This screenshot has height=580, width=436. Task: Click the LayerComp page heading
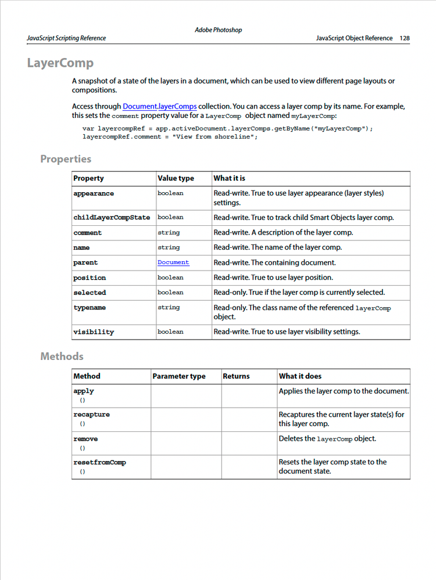[60, 63]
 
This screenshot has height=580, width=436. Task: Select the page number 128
[405, 38]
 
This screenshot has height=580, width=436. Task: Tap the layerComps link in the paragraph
[177, 107]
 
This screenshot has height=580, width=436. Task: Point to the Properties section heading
[66, 158]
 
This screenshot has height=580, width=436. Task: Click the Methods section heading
[62, 356]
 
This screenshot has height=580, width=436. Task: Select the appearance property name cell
[94, 193]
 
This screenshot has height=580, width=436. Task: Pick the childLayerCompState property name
[112, 218]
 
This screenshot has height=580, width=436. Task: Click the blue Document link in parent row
[173, 262]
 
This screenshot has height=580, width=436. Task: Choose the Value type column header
[176, 178]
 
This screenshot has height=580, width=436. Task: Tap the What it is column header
[229, 178]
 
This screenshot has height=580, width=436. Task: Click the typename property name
[90, 308]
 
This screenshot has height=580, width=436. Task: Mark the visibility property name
[94, 332]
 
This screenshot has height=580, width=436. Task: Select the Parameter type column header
[178, 376]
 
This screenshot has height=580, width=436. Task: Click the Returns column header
[236, 376]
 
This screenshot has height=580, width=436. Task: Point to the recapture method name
[91, 415]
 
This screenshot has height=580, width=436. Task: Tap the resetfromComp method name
[99, 462]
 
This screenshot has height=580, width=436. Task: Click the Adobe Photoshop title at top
[218, 30]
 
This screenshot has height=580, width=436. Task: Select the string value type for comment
[169, 232]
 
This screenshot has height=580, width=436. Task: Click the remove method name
[85, 439]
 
